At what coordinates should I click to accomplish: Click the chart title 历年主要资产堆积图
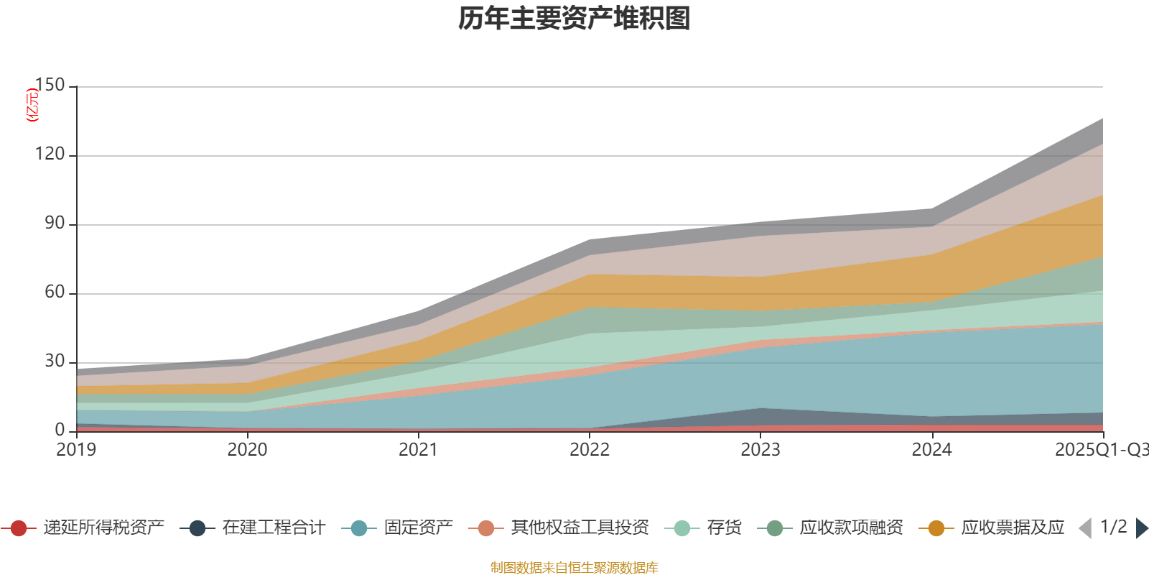coord(574,19)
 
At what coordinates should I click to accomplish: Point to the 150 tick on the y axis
coord(50,85)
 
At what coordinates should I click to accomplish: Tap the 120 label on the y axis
coord(50,154)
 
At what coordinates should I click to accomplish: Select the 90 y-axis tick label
coord(55,223)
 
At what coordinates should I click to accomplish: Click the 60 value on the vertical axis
coord(55,292)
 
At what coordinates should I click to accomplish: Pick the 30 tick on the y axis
coord(55,361)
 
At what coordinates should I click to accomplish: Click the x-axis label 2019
coord(76,449)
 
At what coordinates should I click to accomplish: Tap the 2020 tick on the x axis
coord(247,449)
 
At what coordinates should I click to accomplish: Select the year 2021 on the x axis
coord(418,449)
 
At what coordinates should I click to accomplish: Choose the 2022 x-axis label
coord(589,449)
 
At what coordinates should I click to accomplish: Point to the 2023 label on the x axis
coord(760,449)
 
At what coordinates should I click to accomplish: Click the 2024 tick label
coord(931,449)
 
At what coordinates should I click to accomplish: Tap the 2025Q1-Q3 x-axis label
coord(1101,449)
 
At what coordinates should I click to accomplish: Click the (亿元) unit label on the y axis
coord(32,105)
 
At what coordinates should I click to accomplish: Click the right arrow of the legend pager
coord(1141,528)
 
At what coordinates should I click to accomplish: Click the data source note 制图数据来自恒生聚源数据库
coord(574,568)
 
